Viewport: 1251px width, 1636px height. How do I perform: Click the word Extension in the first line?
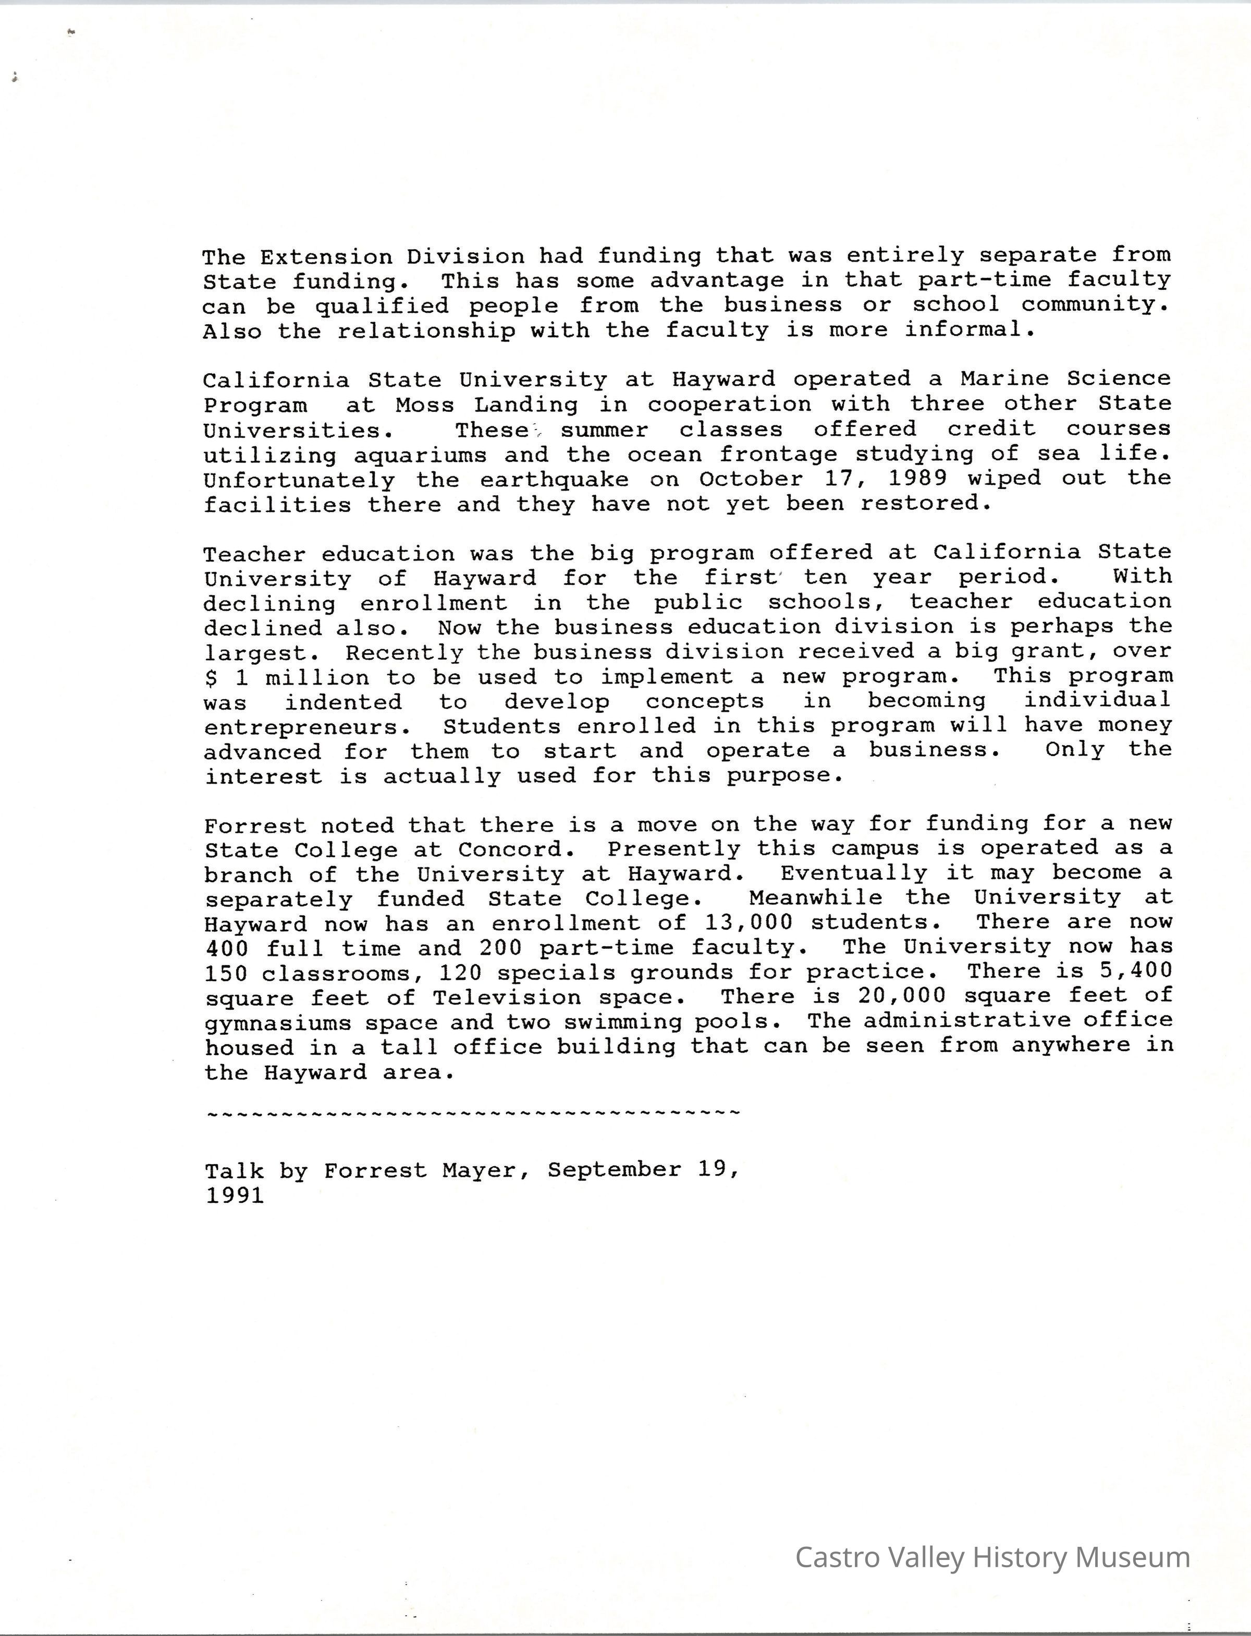point(325,257)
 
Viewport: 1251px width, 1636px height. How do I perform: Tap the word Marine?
point(1004,379)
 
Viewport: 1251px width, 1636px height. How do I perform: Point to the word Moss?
point(424,405)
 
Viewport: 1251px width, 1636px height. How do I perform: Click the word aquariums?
point(420,455)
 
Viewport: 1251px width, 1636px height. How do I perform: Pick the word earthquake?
point(554,480)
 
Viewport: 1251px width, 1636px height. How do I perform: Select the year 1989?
point(917,478)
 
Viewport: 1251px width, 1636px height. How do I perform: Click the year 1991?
point(235,1196)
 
